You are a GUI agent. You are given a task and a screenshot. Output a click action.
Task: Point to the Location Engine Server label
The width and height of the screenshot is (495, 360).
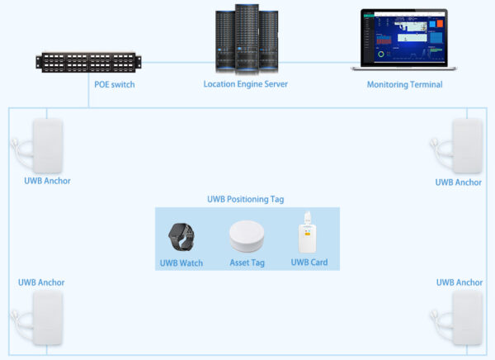246,84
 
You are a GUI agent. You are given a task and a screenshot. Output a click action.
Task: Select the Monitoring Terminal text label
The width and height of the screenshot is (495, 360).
404,84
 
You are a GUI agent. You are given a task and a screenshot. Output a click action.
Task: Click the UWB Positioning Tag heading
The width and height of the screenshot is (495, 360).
246,199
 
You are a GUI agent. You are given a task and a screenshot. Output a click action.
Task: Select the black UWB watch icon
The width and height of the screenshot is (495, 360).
181,238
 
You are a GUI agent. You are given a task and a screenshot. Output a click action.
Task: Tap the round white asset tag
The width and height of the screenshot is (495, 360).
246,238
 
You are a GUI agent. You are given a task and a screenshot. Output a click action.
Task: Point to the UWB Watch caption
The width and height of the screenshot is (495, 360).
181,263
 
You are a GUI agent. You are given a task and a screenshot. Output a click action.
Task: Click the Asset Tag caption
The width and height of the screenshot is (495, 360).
246,263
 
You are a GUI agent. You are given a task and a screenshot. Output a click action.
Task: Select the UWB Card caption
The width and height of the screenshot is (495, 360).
310,263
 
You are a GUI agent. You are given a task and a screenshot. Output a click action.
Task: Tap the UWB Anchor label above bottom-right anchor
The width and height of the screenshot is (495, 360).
460,282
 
